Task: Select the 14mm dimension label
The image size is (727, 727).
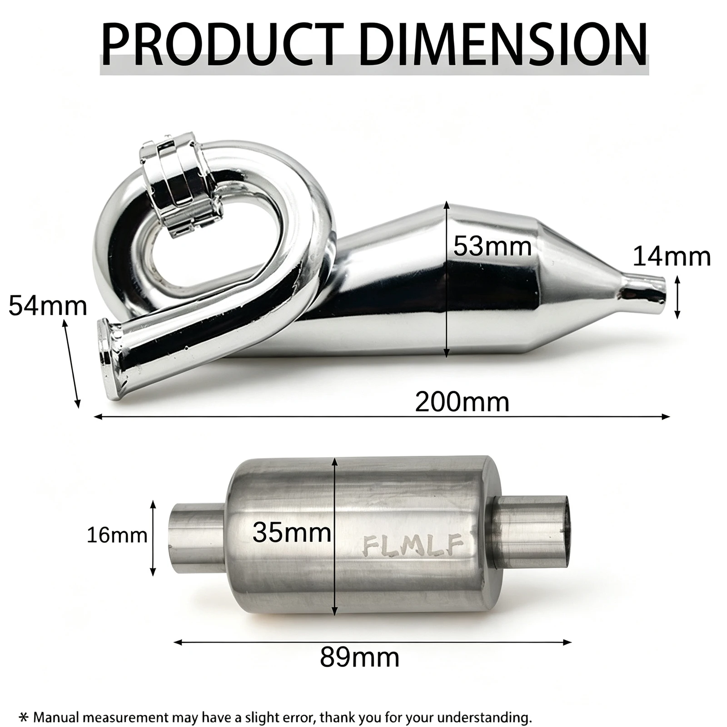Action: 672,257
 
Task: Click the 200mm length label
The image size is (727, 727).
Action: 462,402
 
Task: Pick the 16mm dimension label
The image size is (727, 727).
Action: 117,535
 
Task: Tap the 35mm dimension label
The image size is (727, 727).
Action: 292,533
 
